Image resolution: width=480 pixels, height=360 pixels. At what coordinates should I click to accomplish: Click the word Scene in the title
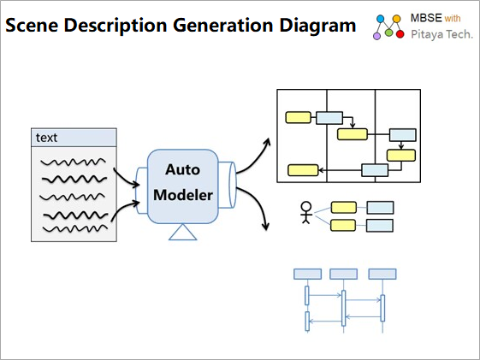(32, 25)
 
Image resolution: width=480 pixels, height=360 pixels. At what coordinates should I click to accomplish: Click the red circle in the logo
(400, 34)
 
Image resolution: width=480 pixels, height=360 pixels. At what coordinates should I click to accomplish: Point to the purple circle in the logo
(376, 36)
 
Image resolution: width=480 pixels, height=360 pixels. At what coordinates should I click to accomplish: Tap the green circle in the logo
(388, 32)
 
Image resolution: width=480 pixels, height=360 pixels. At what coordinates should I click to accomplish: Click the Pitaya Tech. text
(441, 34)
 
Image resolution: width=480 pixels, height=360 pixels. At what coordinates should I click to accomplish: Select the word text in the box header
(46, 138)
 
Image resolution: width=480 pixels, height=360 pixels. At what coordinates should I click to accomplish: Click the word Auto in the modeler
(182, 169)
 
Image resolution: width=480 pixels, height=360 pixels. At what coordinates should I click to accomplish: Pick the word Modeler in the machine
(183, 195)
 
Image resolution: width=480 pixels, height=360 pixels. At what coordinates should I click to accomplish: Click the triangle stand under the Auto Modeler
(183, 233)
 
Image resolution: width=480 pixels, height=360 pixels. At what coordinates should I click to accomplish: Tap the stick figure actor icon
(305, 213)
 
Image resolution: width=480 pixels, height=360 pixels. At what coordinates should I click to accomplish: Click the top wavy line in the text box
(74, 162)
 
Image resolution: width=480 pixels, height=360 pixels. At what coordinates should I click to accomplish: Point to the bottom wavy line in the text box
(75, 229)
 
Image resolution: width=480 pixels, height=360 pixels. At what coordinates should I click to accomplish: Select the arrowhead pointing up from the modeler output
(267, 142)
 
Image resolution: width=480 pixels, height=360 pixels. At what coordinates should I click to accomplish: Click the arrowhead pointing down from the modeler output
(265, 227)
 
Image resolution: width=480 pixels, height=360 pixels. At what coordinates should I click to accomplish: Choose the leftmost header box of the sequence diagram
(308, 274)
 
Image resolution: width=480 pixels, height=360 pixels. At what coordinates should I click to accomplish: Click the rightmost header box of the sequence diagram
(382, 274)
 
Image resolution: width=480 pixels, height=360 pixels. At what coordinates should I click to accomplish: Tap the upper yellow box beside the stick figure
(344, 208)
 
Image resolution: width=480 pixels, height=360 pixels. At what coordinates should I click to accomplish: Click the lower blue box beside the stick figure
(380, 226)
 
